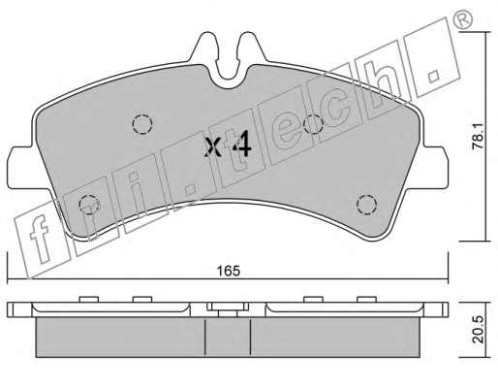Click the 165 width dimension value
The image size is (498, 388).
229,271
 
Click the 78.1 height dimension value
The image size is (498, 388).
478,137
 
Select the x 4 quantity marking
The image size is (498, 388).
229,145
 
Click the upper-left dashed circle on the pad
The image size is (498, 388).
142,124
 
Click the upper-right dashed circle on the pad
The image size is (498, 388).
313,124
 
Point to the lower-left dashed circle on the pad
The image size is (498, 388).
89,205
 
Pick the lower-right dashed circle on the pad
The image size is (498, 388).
367,205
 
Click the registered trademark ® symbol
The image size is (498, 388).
465,20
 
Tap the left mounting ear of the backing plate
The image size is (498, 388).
20,168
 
